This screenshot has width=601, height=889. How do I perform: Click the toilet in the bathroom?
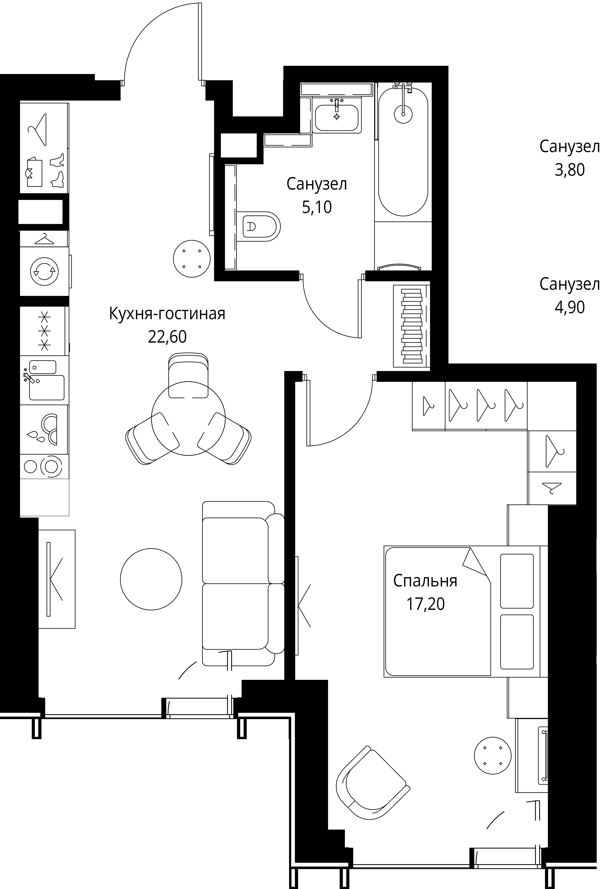259,226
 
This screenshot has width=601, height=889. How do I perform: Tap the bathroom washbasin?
337,115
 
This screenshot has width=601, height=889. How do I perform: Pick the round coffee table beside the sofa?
151,579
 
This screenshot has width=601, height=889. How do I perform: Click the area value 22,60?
167,337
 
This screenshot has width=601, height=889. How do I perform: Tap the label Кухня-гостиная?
167,314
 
